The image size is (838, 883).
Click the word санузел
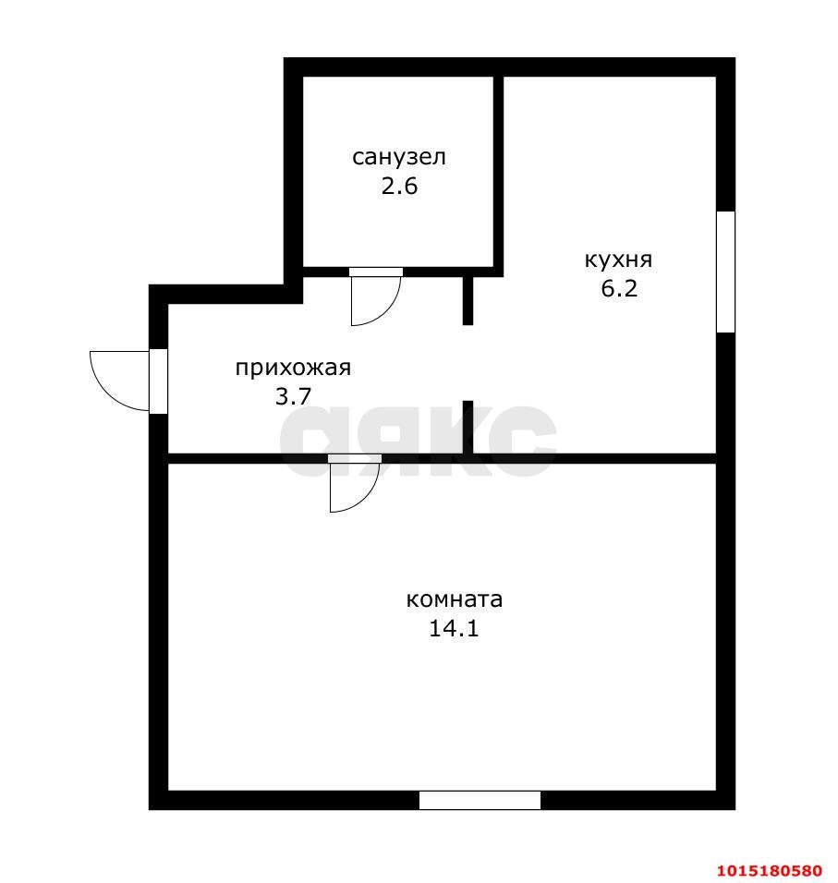pos(399,157)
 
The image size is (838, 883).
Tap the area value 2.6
pos(399,186)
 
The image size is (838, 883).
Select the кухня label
pos(618,260)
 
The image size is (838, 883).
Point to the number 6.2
pos(619,288)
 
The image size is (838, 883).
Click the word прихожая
pos(293,369)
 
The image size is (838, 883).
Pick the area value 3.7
pos(293,396)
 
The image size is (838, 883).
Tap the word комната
pos(454,599)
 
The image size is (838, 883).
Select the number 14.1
pos(454,628)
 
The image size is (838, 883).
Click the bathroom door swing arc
pos(389,308)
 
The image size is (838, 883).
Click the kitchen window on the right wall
pos(725,272)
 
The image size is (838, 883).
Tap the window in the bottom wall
pos(480,800)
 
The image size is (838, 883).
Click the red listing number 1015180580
pos(770,871)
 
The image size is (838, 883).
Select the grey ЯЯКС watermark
pos(418,441)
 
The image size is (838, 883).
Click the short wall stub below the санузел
pos(468,301)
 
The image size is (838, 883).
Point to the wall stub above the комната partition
pos(468,428)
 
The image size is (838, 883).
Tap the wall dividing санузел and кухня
pos(498,172)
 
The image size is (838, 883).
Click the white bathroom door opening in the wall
pos(376,272)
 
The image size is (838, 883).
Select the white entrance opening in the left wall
pos(158,381)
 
